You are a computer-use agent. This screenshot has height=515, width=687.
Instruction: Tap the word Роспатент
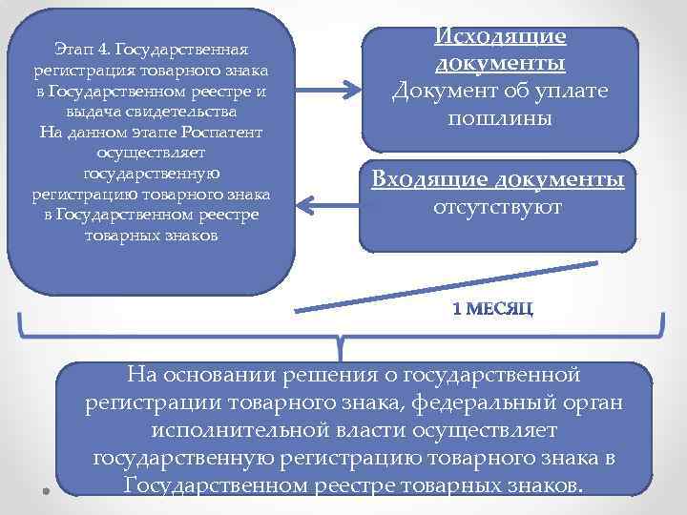[x=228, y=132]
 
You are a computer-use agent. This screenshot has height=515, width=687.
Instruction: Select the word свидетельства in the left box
[x=190, y=111]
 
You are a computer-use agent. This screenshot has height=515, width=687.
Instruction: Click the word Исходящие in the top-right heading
[x=501, y=36]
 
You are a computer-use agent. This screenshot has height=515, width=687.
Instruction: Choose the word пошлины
[x=501, y=120]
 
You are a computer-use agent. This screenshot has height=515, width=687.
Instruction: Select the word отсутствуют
[x=497, y=206]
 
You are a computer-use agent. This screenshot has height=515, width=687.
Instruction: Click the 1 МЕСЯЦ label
[x=492, y=309]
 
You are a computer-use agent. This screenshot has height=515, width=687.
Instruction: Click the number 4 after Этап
[x=106, y=49]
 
